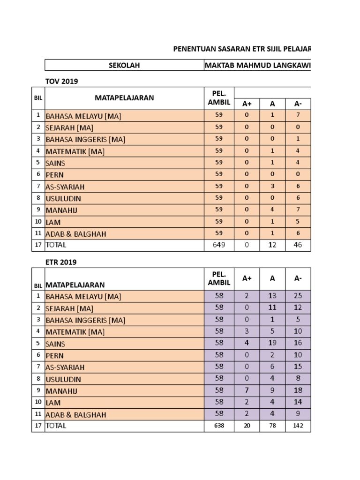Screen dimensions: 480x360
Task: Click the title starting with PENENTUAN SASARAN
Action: (x=242, y=49)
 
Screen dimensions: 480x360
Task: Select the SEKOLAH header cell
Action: (x=124, y=65)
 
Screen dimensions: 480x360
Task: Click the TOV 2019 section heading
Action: (x=61, y=81)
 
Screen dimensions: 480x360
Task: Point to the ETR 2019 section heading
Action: (x=60, y=262)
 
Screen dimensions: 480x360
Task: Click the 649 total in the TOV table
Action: (x=219, y=245)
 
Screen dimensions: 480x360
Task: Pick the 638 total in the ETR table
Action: (x=219, y=426)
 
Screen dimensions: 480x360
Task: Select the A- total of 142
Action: (x=298, y=426)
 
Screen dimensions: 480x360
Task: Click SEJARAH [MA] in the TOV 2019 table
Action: (x=69, y=127)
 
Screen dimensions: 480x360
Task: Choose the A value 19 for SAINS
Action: (x=272, y=343)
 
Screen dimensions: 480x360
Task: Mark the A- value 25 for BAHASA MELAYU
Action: (x=298, y=296)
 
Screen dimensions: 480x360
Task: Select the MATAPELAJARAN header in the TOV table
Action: (x=124, y=98)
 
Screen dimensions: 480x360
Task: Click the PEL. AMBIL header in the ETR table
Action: (x=219, y=278)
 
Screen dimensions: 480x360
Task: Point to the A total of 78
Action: (x=272, y=426)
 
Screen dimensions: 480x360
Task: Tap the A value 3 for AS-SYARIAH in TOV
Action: (x=272, y=186)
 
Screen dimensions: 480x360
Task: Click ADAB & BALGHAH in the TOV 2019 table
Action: (x=75, y=233)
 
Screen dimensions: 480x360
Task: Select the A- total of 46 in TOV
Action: (x=298, y=245)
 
